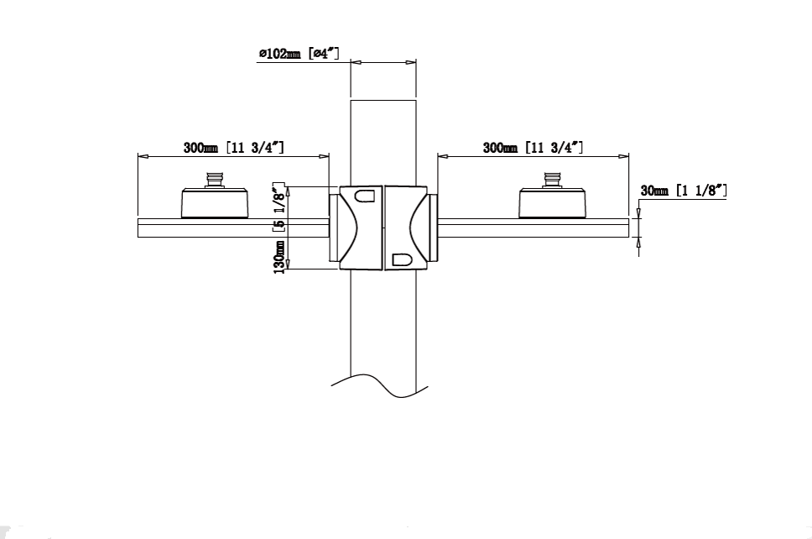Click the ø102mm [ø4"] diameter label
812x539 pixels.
pyautogui.click(x=299, y=54)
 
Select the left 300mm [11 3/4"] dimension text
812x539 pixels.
pyautogui.click(x=233, y=147)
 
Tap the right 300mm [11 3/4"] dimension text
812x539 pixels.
pyautogui.click(x=533, y=147)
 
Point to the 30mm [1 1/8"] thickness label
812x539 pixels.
pyautogui.click(x=684, y=191)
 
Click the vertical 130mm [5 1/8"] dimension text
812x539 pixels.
pyautogui.click(x=279, y=228)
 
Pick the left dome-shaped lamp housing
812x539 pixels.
pyautogui.click(x=215, y=203)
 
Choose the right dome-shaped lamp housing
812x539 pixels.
pyautogui.click(x=553, y=203)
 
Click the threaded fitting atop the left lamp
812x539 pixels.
pyautogui.click(x=215, y=181)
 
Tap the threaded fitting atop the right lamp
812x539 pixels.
pyautogui.click(x=552, y=181)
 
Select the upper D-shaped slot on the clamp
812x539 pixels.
pyautogui.click(x=364, y=196)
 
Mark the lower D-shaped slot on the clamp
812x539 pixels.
pyautogui.click(x=402, y=259)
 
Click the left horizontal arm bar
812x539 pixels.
pyautogui.click(x=233, y=228)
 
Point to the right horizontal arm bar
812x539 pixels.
pyautogui.click(x=533, y=228)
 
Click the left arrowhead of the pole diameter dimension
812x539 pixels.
pyautogui.click(x=356, y=62)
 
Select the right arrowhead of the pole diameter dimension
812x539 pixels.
pyautogui.click(x=411, y=62)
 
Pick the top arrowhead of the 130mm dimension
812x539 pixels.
pyautogui.click(x=289, y=191)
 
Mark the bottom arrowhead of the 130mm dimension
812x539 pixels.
pyautogui.click(x=289, y=264)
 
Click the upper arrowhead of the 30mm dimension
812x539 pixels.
pyautogui.click(x=638, y=213)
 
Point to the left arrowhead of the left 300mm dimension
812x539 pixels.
pyautogui.click(x=143, y=155)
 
